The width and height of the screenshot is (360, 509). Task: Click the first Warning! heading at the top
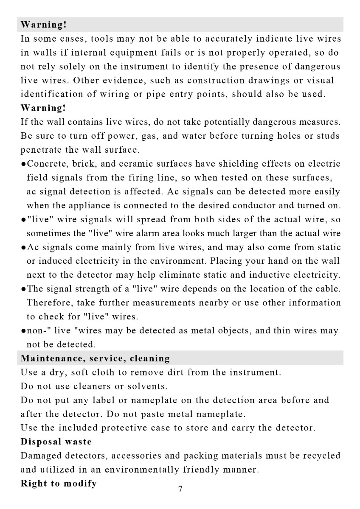point(44,25)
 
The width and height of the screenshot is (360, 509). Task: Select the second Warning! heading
point(44,108)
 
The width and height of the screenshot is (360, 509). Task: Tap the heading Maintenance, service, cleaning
point(96,358)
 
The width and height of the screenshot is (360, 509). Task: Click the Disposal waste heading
point(56,442)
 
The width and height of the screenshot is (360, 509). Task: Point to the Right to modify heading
point(59,483)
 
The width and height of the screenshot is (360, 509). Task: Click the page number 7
point(180,489)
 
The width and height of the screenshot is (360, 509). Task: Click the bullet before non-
point(23,331)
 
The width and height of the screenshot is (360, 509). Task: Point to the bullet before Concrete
point(23,164)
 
